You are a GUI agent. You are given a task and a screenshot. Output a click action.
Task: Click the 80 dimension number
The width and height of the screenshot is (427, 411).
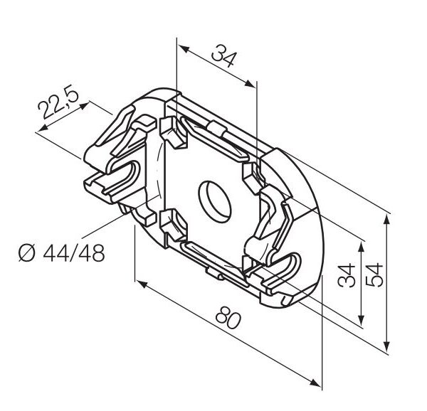pos(228,317)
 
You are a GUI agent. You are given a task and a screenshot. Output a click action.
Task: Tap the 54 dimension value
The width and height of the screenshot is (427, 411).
pos(374,274)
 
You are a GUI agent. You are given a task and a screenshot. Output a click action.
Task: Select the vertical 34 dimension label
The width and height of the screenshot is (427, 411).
pos(347,275)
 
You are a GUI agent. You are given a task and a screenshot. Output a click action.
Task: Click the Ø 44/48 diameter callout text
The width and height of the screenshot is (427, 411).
pos(61,252)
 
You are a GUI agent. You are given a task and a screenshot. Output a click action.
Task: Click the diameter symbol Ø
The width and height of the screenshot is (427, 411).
pos(27,252)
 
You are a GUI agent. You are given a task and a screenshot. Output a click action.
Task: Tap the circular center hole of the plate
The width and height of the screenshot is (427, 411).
pos(215,201)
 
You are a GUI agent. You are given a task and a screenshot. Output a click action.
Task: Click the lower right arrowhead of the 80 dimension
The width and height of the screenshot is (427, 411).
pos(316,383)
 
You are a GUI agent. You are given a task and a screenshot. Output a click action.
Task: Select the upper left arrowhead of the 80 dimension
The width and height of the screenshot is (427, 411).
pos(142,284)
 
